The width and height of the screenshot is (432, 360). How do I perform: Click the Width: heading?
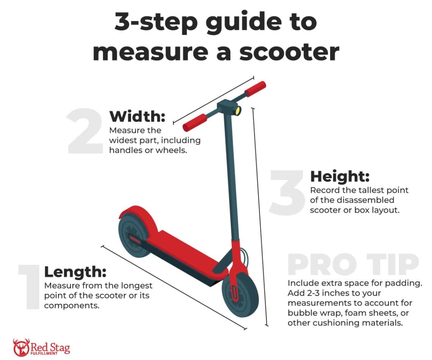[137, 117]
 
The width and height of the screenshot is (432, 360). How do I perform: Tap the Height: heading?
[340, 176]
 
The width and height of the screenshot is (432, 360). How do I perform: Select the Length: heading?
[75, 272]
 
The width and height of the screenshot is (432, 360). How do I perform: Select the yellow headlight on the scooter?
[238, 110]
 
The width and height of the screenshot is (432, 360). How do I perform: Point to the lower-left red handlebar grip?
[195, 122]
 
